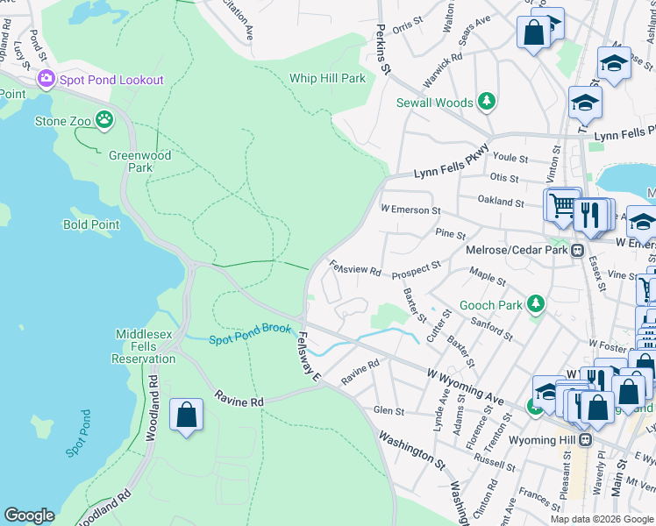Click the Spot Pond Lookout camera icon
(x=46, y=80)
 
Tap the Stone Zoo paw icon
(x=104, y=118)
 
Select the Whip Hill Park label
(x=327, y=78)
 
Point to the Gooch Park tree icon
(x=534, y=304)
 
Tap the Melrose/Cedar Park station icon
(x=578, y=251)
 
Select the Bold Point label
(x=91, y=224)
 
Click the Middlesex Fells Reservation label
(x=144, y=346)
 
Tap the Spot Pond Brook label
(x=250, y=339)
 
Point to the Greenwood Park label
(x=139, y=161)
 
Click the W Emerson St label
(x=410, y=210)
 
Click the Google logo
(x=29, y=515)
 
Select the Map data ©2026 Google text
(x=601, y=518)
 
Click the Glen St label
(x=389, y=410)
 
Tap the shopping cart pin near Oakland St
(x=562, y=205)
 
